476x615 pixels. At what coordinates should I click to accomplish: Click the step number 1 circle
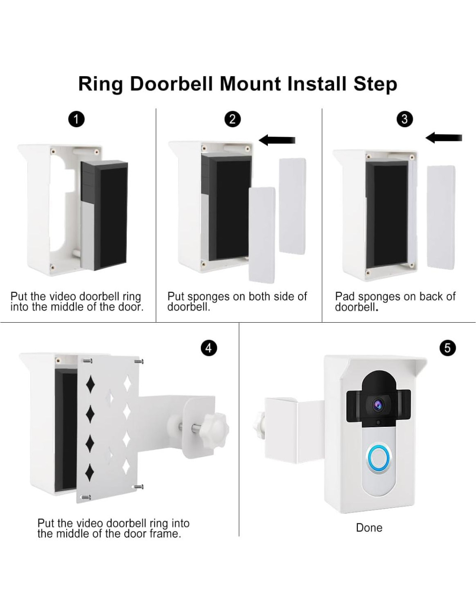pos(77,120)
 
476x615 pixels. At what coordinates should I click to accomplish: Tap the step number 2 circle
pos(232,119)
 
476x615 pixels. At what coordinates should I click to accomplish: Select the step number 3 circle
pos(404,119)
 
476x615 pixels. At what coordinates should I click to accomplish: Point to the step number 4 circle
pos(209,348)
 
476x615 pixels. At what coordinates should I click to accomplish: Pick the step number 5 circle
pos(448,348)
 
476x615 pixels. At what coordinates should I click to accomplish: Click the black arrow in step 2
pos(277,140)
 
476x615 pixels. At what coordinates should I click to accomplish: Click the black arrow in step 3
pos(444,138)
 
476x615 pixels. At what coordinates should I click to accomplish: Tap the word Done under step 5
pos(369,528)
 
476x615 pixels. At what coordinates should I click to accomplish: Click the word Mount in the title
pos(251,84)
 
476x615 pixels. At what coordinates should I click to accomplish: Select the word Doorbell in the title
pos(171,84)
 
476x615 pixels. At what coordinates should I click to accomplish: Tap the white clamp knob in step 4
pos(215,429)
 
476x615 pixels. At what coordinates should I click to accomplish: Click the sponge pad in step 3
pos(441,218)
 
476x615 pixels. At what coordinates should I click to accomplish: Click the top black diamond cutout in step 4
pos(90,384)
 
